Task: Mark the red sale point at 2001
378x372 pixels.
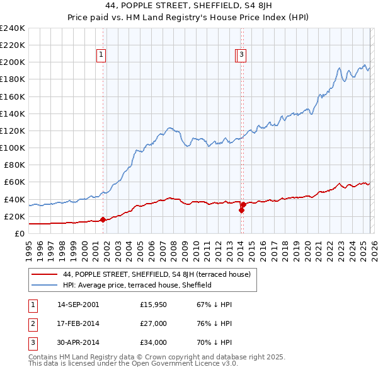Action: (103, 220)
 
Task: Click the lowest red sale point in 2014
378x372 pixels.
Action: (241, 211)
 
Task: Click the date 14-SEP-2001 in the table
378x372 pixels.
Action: (78, 305)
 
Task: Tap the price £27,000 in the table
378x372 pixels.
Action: (153, 323)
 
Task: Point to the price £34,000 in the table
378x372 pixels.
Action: (153, 342)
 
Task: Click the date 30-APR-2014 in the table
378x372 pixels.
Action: (78, 342)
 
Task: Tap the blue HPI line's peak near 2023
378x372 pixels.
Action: (339, 68)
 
